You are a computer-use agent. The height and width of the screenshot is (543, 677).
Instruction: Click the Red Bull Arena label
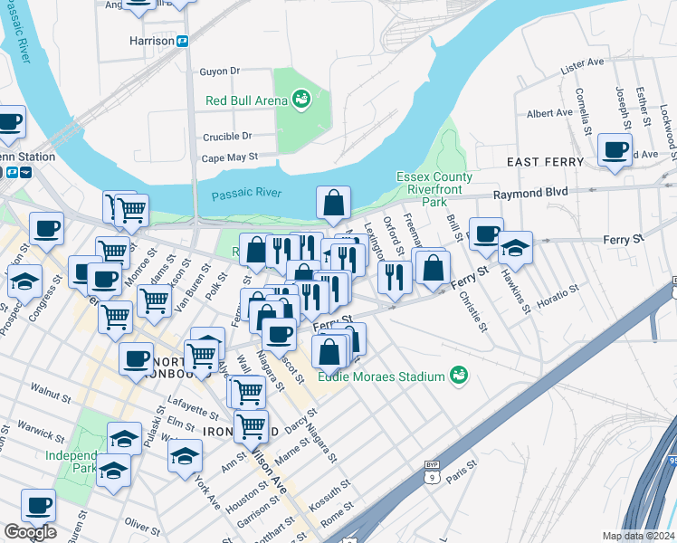point(245,100)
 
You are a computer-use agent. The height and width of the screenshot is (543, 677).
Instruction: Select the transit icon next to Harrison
point(182,41)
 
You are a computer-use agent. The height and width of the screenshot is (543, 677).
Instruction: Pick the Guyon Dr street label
point(219,71)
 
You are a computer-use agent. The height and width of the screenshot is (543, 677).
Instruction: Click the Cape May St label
point(229,157)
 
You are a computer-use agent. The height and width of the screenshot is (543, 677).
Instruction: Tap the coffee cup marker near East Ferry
point(615,149)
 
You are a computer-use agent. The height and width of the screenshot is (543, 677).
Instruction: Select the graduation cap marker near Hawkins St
point(515,246)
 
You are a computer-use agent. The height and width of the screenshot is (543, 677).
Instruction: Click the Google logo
point(30,532)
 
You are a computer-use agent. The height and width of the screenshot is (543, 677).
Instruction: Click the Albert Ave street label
point(549,113)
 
